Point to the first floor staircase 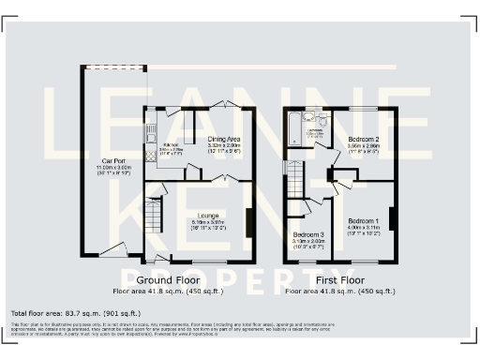point(295,179)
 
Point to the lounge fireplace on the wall point(248,222)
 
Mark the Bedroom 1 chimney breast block point(392,217)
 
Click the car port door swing point(112,249)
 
